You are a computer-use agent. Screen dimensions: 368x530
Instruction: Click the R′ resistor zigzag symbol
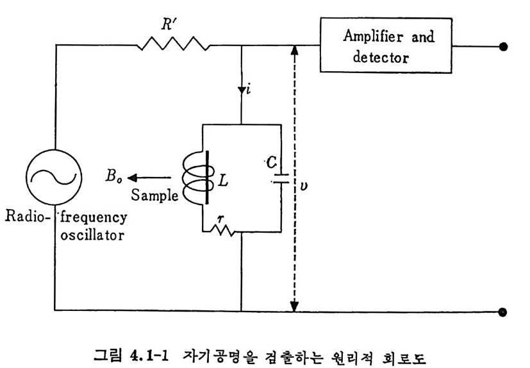[x=173, y=45]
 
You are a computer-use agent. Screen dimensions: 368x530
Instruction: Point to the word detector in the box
[x=381, y=57]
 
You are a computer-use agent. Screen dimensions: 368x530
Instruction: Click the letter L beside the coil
[x=222, y=181]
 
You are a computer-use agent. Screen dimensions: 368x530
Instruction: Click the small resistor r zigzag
[x=220, y=229]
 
